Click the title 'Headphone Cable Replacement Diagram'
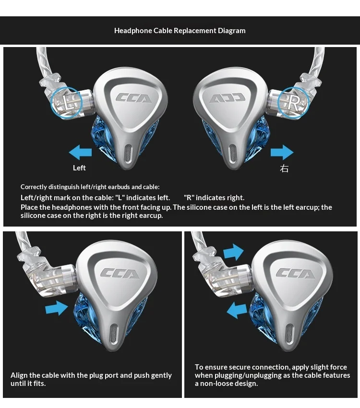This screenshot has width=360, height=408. click(x=180, y=31)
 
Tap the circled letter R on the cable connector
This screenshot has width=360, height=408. click(x=293, y=102)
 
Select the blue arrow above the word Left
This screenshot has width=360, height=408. click(x=80, y=153)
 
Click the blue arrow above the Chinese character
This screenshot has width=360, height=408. click(x=282, y=153)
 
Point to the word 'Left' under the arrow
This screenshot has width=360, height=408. click(x=79, y=168)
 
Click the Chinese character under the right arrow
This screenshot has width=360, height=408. click(x=284, y=168)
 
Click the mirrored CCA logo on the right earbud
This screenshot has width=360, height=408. click(x=228, y=98)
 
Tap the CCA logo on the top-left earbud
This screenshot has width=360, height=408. click(x=133, y=98)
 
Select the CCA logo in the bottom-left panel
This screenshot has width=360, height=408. click(x=120, y=274)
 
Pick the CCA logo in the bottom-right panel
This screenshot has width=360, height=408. click(x=295, y=274)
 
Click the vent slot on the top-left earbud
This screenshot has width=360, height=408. click(x=128, y=154)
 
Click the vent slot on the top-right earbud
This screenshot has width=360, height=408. click(x=232, y=154)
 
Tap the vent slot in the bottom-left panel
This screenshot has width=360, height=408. click(x=114, y=334)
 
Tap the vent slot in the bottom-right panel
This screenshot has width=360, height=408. click(x=289, y=334)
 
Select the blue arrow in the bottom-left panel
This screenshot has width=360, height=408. click(x=57, y=308)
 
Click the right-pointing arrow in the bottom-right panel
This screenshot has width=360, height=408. click(x=234, y=252)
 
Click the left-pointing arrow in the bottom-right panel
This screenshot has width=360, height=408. click(x=237, y=310)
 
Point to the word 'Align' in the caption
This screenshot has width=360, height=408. click(x=19, y=375)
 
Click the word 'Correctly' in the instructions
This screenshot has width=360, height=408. click(x=34, y=187)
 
